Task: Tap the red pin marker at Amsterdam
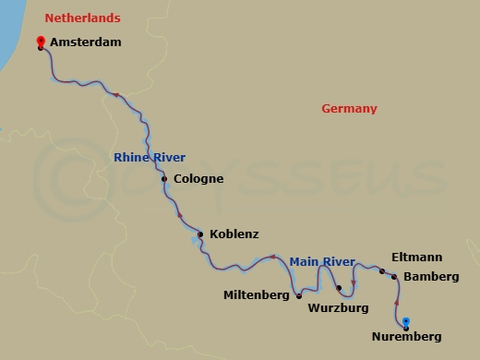coord(41,42)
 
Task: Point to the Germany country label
coord(349,109)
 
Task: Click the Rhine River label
coord(150,158)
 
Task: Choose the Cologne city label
coord(198,179)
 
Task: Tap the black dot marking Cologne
coord(164,179)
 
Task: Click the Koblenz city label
coord(234,234)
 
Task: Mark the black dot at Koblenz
coord(200,234)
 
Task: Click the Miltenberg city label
coord(258,296)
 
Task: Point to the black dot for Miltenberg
coord(298,295)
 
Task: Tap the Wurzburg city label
coord(339,306)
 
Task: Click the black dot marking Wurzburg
coord(339,288)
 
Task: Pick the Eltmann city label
coord(416,257)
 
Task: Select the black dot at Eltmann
coord(381,270)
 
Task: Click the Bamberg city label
coord(432,277)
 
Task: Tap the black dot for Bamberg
coord(394,277)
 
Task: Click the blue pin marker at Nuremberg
coord(406,322)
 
